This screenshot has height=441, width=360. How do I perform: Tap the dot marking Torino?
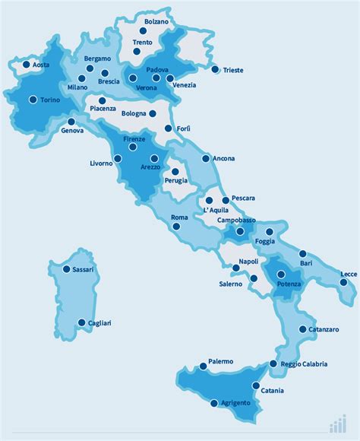tap(33, 99)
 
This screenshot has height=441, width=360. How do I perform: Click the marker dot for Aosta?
tap(26, 65)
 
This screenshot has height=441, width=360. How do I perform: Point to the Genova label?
tap(73, 131)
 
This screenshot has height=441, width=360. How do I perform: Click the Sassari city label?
tap(82, 269)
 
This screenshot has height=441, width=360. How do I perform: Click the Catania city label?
tap(271, 391)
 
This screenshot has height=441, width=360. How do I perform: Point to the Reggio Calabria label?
tap(304, 364)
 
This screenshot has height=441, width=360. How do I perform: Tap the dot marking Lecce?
tap(343, 283)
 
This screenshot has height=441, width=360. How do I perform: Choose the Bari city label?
tap(306, 263)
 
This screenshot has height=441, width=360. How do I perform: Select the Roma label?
tap(179, 218)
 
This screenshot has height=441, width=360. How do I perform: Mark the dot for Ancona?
tap(206, 159)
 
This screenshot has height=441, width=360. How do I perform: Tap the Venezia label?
tap(184, 84)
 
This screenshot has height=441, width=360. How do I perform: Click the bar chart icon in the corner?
tap(339, 424)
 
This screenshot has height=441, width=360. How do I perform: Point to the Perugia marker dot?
tap(175, 172)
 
